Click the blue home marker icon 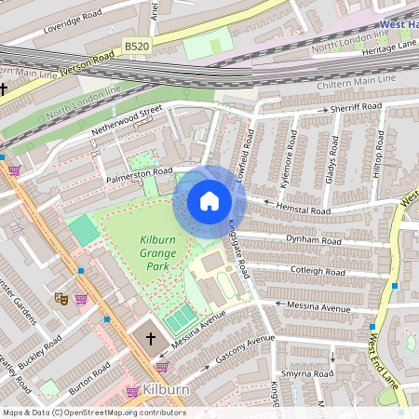tap(209, 201)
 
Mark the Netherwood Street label tap(127, 122)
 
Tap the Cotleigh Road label tap(318, 271)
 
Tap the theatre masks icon tap(61, 299)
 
